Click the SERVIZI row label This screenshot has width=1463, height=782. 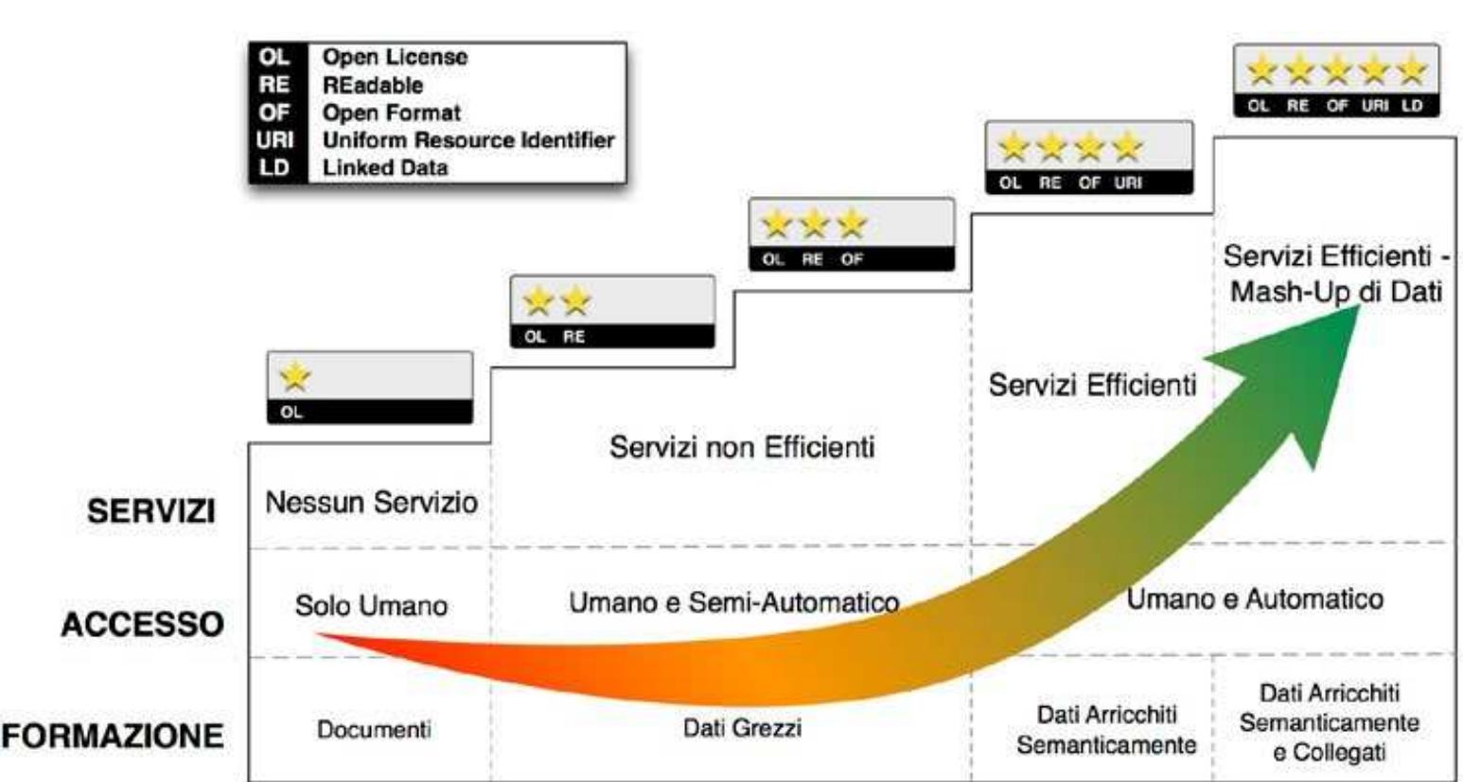pyautogui.click(x=151, y=511)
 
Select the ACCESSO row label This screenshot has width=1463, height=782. pyautogui.click(x=143, y=625)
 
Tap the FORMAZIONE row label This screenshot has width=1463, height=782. pyautogui.click(x=113, y=736)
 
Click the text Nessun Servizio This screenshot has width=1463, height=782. pyautogui.click(x=371, y=502)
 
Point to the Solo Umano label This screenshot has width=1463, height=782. pyautogui.click(x=371, y=606)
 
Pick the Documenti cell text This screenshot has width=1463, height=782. pyautogui.click(x=374, y=730)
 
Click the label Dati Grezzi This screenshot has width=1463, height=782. pyautogui.click(x=742, y=728)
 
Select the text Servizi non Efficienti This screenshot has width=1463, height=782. pyautogui.click(x=742, y=447)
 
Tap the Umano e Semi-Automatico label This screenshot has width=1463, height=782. pyautogui.click(x=733, y=602)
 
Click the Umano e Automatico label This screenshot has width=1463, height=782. pyautogui.click(x=1255, y=599)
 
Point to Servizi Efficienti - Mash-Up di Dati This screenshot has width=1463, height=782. pyautogui.click(x=1335, y=274)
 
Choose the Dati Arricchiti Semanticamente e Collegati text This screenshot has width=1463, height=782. pyautogui.click(x=1329, y=722)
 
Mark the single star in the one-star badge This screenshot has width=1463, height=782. pyautogui.click(x=295, y=377)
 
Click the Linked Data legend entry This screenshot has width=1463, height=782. pyautogui.click(x=385, y=168)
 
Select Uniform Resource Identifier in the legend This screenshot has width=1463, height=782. pyautogui.click(x=468, y=140)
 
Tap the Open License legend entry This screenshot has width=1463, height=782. pyautogui.click(x=395, y=57)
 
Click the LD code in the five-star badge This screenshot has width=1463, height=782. pyautogui.click(x=1412, y=106)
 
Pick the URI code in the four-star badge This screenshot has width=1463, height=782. pyautogui.click(x=1128, y=183)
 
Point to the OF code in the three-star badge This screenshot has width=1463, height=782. pyautogui.click(x=852, y=259)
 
